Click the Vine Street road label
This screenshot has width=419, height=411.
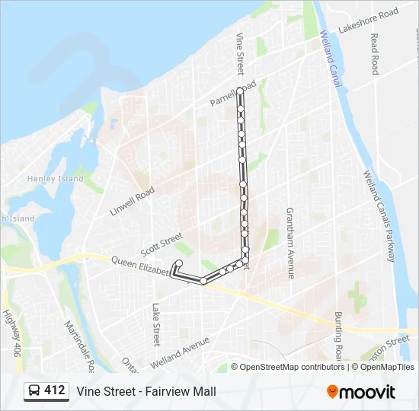[x=240, y=53]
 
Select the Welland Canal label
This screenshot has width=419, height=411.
[x=331, y=59]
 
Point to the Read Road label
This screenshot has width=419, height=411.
[x=374, y=53]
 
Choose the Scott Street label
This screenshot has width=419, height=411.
[x=162, y=244]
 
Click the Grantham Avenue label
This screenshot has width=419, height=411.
[x=290, y=243]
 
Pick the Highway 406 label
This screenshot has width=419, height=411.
[x=11, y=333]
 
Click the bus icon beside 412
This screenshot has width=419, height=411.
[x=34, y=391]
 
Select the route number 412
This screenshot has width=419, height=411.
[x=55, y=390]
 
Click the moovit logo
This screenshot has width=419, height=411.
[x=361, y=391]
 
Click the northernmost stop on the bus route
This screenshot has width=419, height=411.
[x=240, y=91]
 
